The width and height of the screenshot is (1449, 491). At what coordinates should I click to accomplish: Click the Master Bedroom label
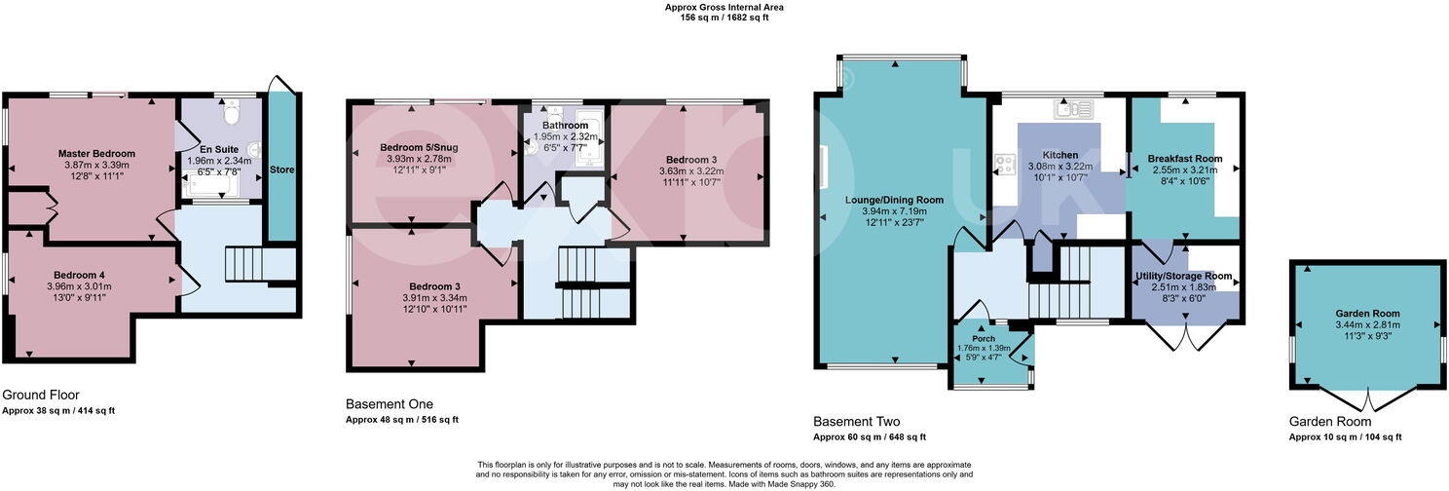pyautogui.click(x=96, y=154)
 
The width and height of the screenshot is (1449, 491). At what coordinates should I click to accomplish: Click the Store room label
pyautogui.click(x=283, y=170)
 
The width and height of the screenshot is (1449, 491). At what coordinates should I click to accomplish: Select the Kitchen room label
pyautogui.click(x=1059, y=155)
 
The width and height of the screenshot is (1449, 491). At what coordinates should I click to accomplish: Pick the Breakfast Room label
pyautogui.click(x=1184, y=159)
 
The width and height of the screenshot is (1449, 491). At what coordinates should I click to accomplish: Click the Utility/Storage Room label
pyautogui.click(x=1184, y=277)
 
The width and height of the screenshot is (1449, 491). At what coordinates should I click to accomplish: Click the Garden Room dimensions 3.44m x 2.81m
pyautogui.click(x=1367, y=324)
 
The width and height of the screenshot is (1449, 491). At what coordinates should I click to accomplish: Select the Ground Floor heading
pyautogui.click(x=41, y=396)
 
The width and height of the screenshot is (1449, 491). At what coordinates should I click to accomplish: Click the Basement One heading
pyautogui.click(x=390, y=404)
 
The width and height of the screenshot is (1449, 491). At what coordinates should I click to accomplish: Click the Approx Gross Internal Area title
pyautogui.click(x=724, y=7)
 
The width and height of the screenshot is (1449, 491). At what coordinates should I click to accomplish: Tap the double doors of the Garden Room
pyautogui.click(x=1367, y=400)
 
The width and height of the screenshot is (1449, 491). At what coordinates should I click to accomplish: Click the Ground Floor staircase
pyautogui.click(x=244, y=263)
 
